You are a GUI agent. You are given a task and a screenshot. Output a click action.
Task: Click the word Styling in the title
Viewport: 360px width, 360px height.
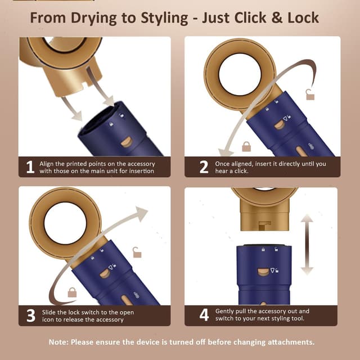(164, 19)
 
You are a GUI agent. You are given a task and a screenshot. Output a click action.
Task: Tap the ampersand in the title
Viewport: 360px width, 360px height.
(277, 17)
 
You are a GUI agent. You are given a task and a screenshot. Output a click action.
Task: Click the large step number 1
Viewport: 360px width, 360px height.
(30, 167)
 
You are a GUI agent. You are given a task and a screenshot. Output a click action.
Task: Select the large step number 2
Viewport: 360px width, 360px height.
(204, 167)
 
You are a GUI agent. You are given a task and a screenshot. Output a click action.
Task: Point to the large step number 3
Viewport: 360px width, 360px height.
(31, 316)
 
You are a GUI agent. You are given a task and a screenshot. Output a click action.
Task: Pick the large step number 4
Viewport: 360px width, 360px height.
(204, 315)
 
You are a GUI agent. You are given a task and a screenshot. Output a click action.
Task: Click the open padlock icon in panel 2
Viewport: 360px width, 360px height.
(310, 94)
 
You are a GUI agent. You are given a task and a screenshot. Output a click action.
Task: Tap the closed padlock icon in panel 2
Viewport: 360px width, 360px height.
(246, 147)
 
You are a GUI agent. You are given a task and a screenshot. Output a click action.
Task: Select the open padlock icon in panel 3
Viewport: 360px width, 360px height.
(137, 253)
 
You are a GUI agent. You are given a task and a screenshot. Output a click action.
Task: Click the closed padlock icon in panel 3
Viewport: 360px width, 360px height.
(72, 292)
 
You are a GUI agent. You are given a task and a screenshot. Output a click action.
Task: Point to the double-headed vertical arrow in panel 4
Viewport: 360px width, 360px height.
(307, 245)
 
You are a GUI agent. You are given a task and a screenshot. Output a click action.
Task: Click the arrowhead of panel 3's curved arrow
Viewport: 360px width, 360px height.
(141, 213)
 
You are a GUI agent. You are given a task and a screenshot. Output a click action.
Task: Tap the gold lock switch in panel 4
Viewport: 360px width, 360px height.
(263, 272)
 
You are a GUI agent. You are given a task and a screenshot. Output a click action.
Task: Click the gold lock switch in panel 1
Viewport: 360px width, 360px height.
(127, 142)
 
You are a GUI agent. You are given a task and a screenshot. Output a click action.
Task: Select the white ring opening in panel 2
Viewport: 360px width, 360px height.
(240, 74)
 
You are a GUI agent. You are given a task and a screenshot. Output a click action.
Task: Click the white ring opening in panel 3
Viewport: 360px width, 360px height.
(65, 223)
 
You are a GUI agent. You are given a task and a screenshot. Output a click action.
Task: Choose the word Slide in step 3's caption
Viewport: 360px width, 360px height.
(49, 312)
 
